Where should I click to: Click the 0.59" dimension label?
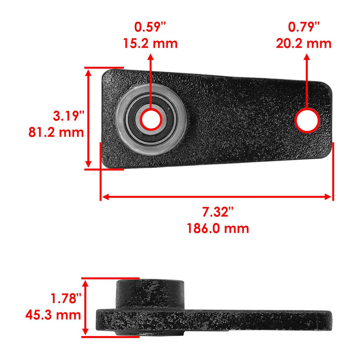pos(150,27)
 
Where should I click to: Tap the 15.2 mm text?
pos(150,44)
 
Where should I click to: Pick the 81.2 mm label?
pos(56,132)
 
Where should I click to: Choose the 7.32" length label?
pos(218,211)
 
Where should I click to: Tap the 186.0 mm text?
pos(218,228)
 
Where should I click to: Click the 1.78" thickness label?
pos(67,297)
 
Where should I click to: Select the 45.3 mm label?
pos(55,314)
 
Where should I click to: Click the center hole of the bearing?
pos(150,119)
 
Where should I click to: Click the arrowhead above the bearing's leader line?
pos(150,58)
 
